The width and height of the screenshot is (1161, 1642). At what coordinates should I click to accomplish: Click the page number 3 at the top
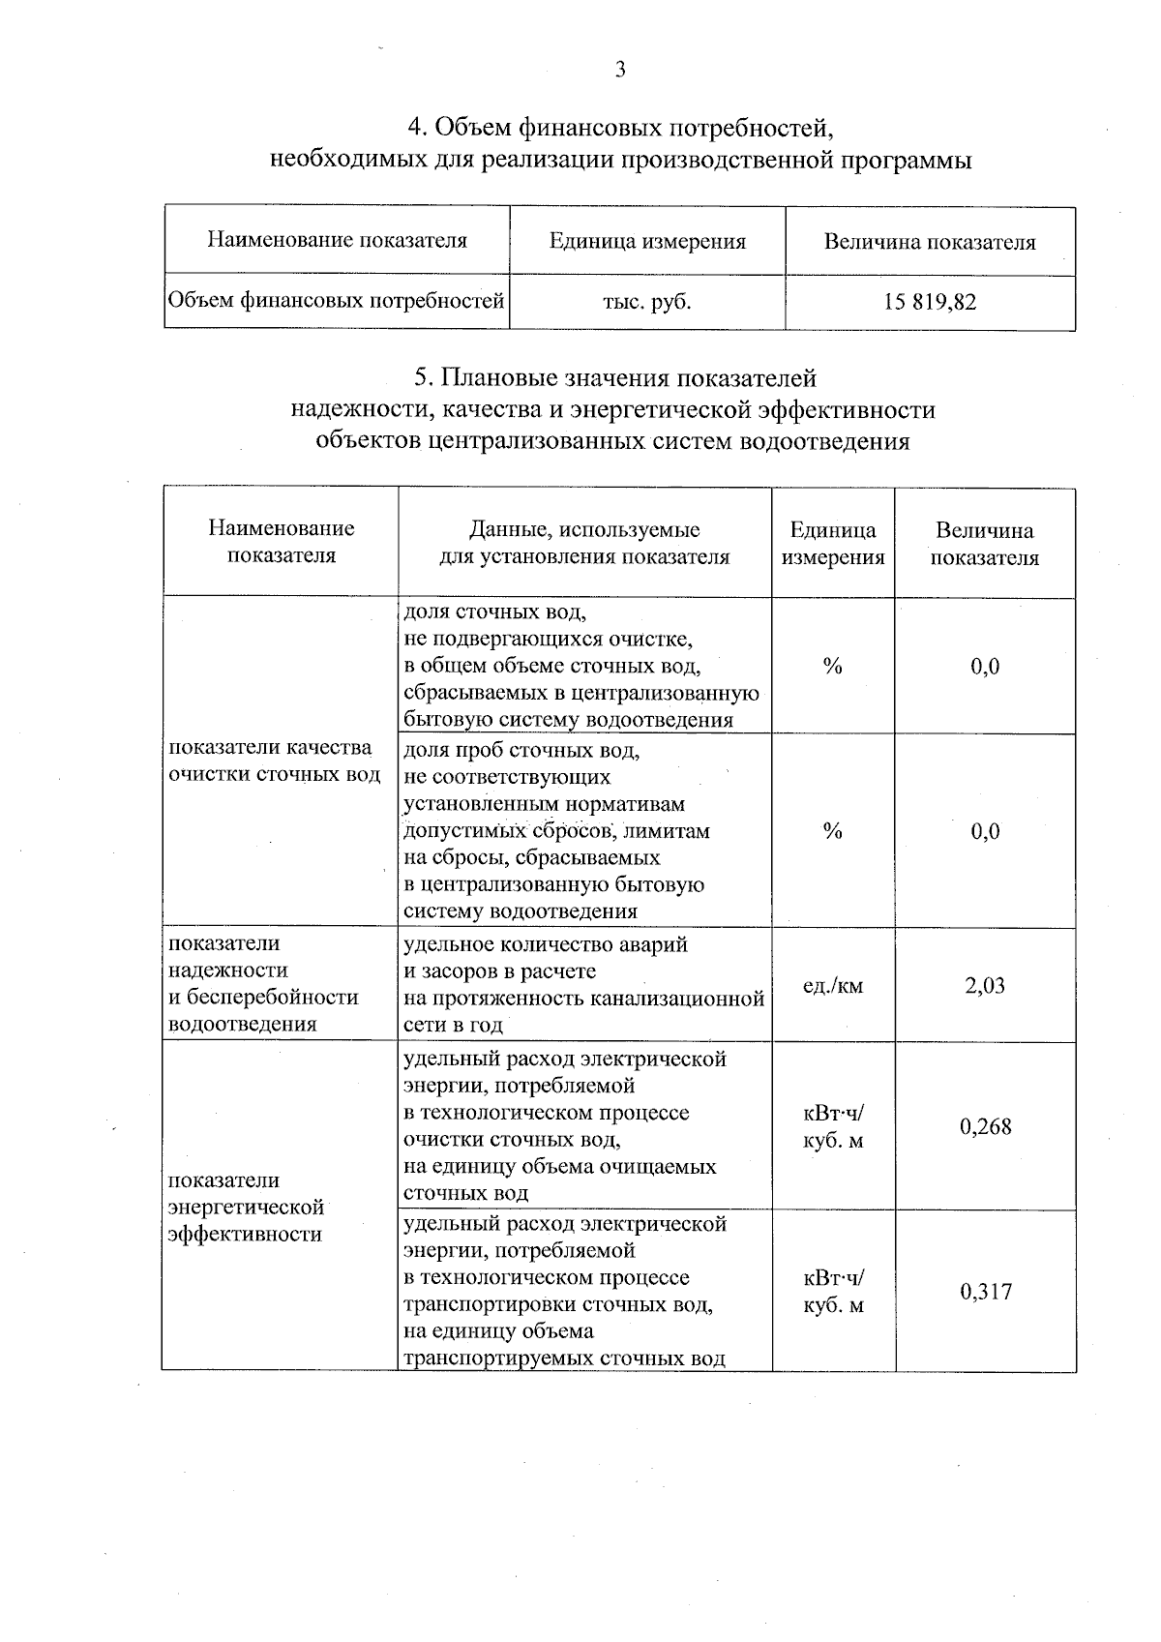pyautogui.click(x=620, y=69)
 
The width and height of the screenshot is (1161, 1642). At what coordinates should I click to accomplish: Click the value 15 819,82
pyautogui.click(x=930, y=302)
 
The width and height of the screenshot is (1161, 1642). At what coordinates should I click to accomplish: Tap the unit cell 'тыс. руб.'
pyautogui.click(x=647, y=302)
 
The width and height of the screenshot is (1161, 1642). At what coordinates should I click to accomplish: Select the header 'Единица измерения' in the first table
pyautogui.click(x=647, y=241)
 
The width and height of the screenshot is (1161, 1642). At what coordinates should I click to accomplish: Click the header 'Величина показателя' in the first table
pyautogui.click(x=930, y=242)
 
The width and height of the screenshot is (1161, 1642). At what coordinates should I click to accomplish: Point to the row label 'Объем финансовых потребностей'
pyautogui.click(x=337, y=302)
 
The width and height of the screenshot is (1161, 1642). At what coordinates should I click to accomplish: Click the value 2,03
pyautogui.click(x=985, y=985)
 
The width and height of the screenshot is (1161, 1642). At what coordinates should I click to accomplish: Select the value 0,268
pyautogui.click(x=985, y=1126)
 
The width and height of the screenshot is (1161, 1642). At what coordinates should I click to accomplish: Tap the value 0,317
pyautogui.click(x=985, y=1291)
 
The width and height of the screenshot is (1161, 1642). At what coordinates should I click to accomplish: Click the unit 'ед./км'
pyautogui.click(x=833, y=986)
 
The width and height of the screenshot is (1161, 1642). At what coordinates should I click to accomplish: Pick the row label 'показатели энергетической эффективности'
pyautogui.click(x=246, y=1208)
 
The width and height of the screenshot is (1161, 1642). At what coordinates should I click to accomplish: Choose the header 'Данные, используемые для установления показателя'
pyautogui.click(x=584, y=543)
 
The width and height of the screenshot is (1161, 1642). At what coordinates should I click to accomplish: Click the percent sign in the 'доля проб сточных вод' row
pyautogui.click(x=832, y=831)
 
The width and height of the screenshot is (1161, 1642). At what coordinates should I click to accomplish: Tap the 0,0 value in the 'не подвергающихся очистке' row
pyautogui.click(x=985, y=667)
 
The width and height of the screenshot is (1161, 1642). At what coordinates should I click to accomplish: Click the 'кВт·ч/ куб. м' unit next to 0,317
pyautogui.click(x=833, y=1292)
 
